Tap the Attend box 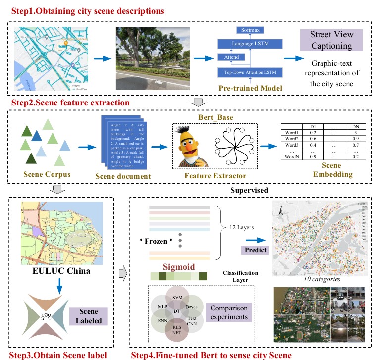232,57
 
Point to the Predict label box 255,250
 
